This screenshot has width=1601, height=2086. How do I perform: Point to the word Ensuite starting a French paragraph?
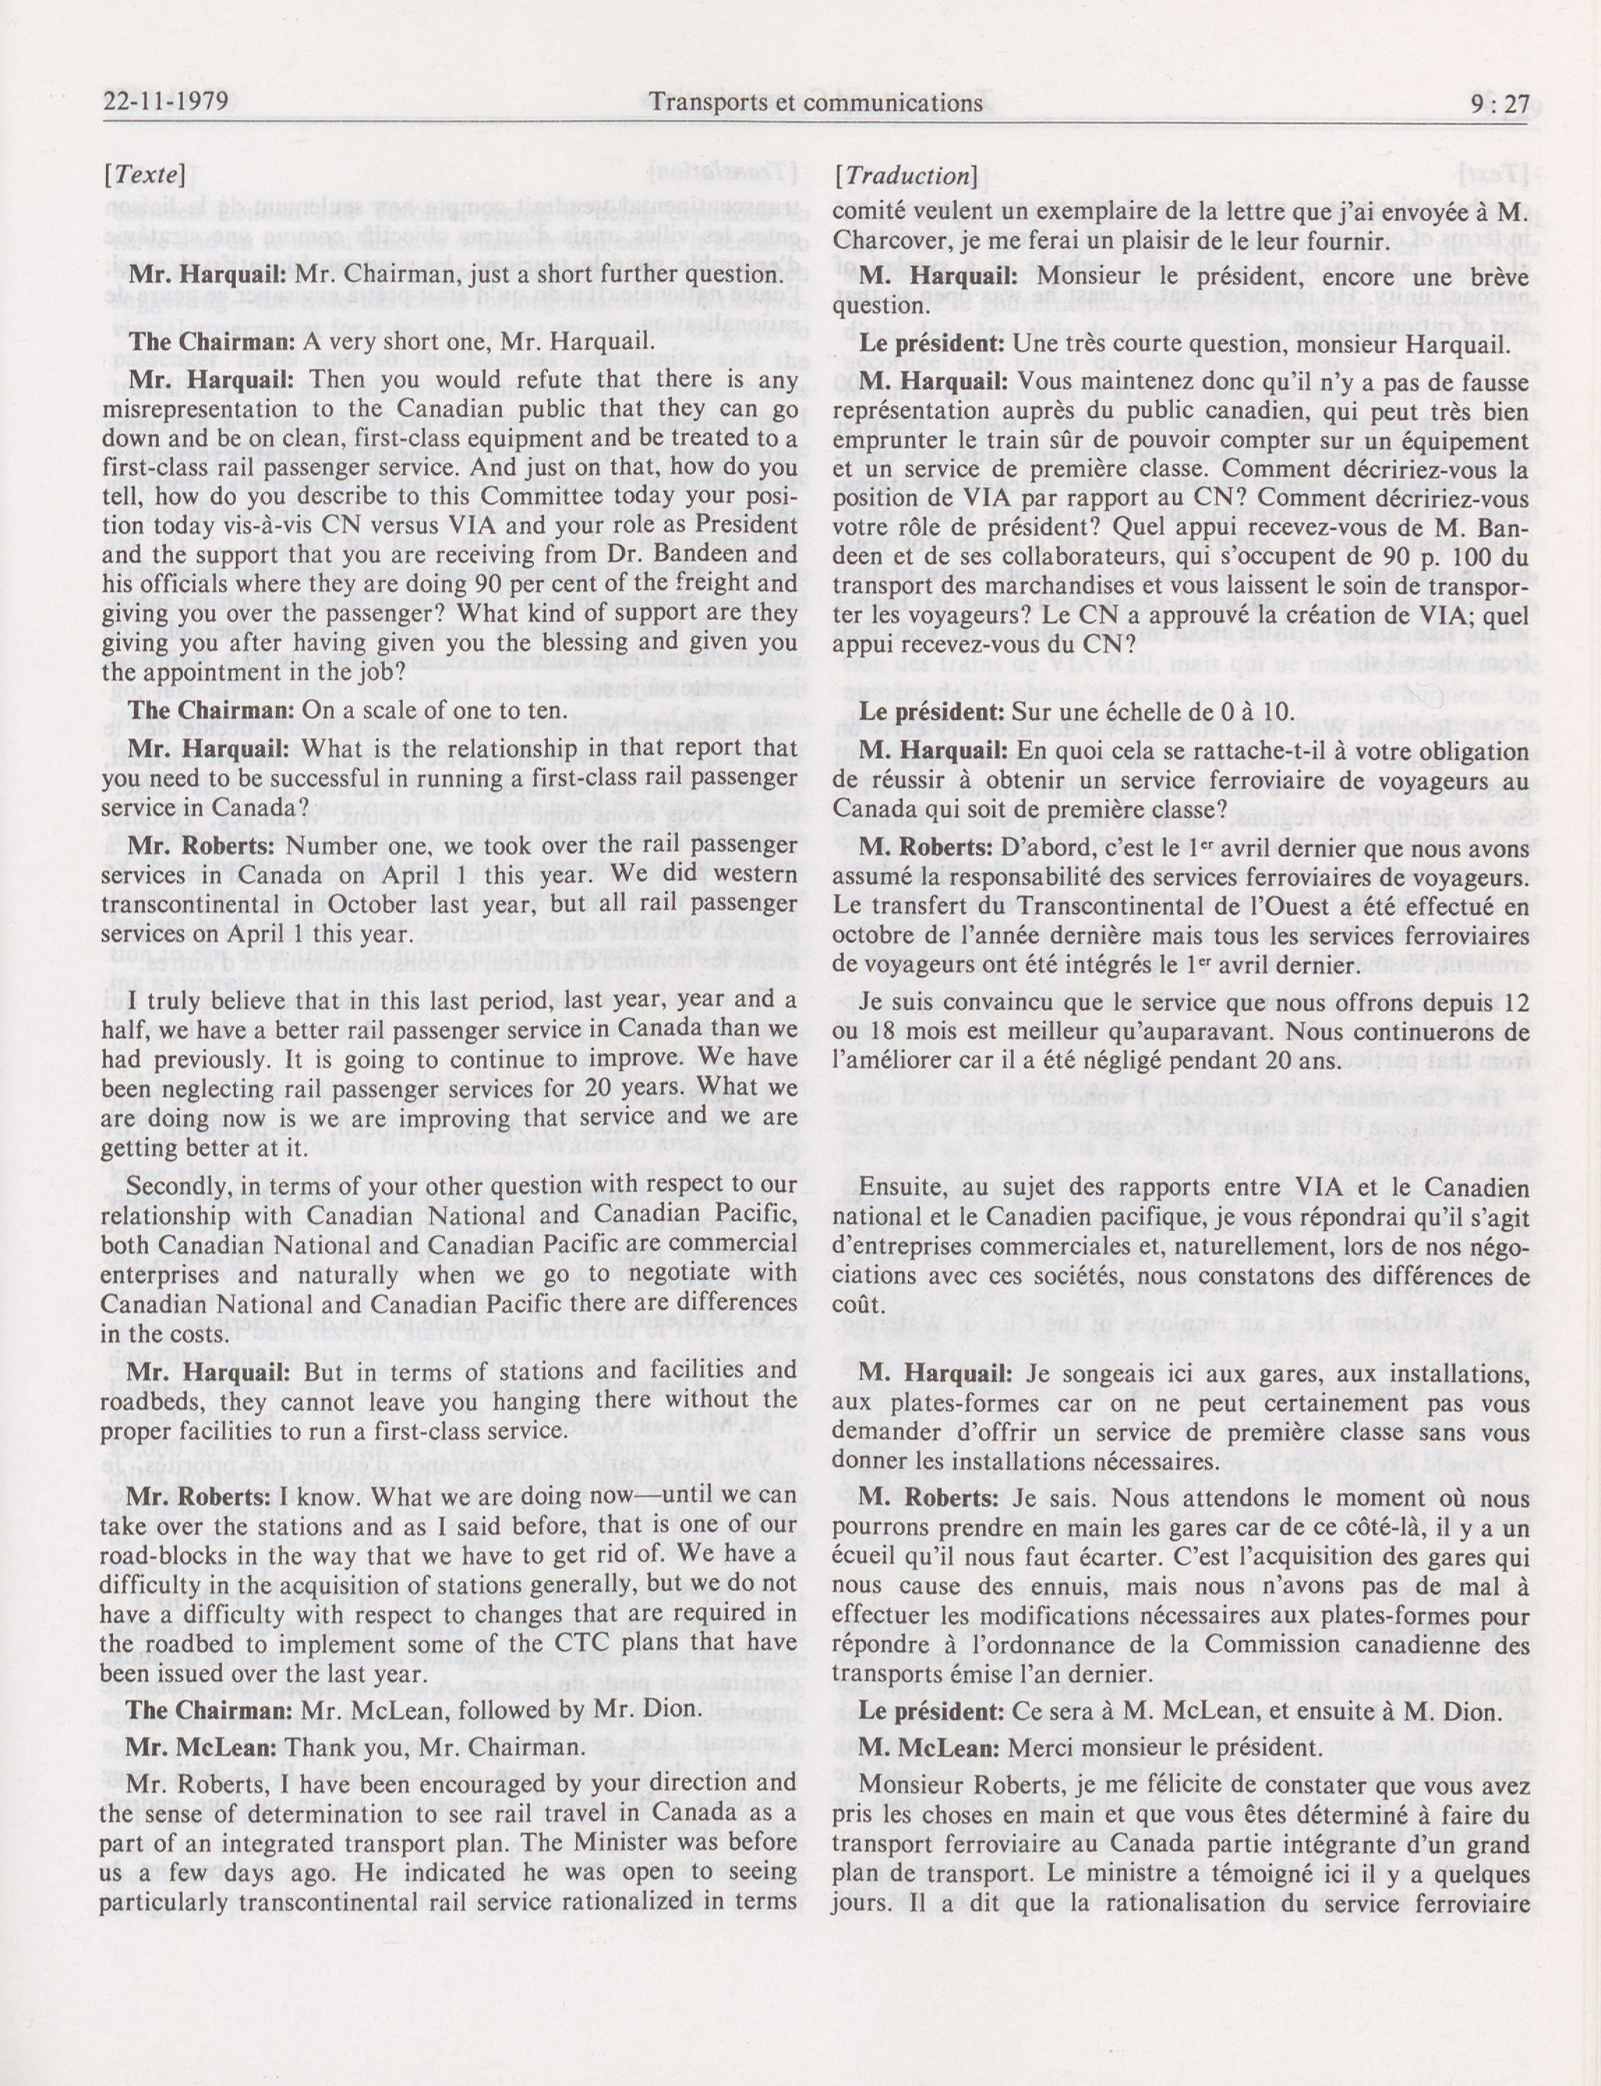click(x=902, y=1188)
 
